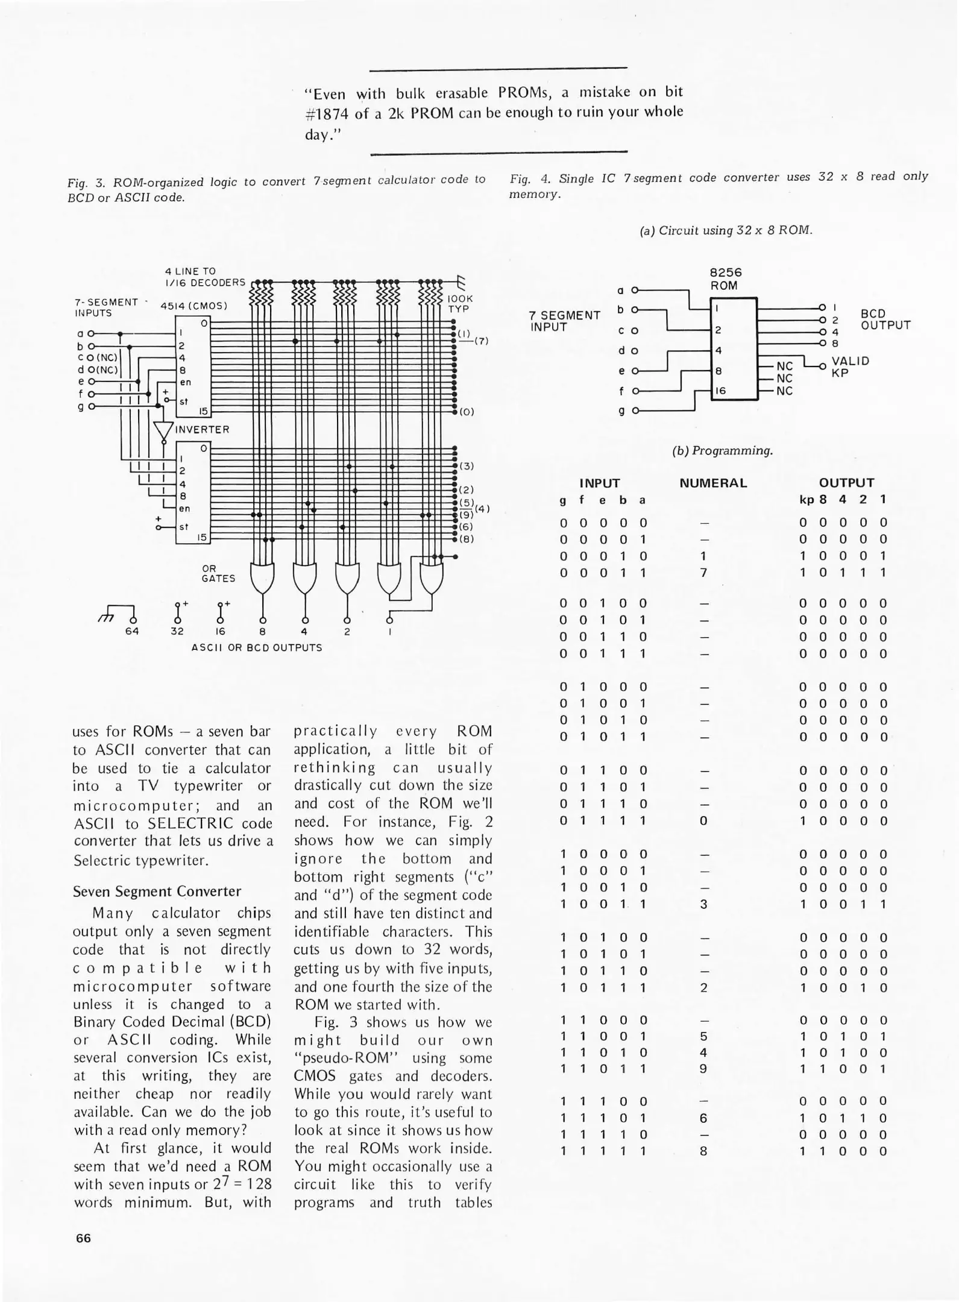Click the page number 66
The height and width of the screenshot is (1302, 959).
[83, 1238]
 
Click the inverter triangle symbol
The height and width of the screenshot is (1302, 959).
[163, 430]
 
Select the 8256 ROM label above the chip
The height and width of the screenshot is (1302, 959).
[725, 278]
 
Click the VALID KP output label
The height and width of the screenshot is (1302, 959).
[850, 366]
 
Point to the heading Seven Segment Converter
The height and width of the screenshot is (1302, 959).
[157, 892]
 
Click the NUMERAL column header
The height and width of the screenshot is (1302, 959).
[713, 483]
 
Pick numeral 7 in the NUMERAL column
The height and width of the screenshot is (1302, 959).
[703, 573]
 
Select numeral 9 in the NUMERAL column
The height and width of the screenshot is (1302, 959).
[703, 1069]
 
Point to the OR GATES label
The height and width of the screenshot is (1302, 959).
[218, 573]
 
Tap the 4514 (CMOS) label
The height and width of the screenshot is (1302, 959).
[193, 305]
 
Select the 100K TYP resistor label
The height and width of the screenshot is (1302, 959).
[461, 303]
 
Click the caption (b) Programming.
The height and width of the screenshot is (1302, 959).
[722, 451]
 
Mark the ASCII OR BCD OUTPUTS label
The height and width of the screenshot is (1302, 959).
[257, 648]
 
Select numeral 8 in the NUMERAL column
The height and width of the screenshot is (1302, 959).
[703, 1151]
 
